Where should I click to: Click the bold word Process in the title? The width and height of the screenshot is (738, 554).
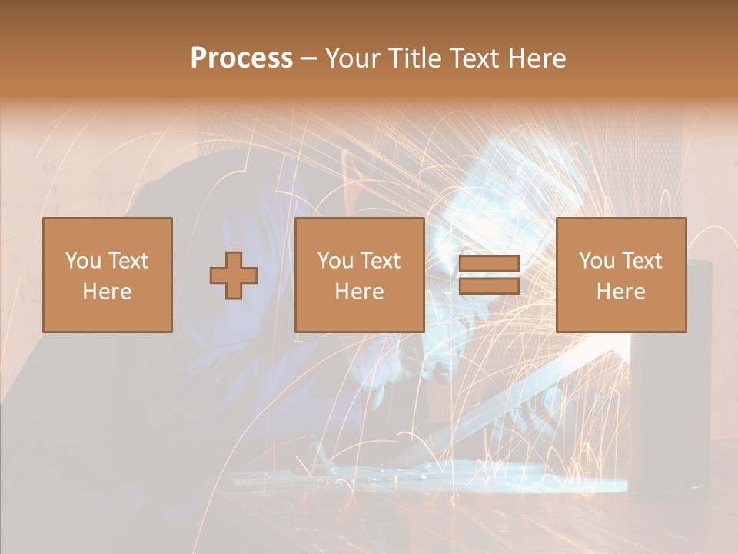pyautogui.click(x=241, y=58)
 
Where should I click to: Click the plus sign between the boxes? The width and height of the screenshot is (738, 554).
pyautogui.click(x=234, y=275)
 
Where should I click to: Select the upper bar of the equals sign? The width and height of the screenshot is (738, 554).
pyautogui.click(x=489, y=263)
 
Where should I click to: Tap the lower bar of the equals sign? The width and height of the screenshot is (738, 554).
pyautogui.click(x=489, y=286)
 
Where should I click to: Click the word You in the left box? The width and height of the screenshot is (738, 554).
pyautogui.click(x=83, y=261)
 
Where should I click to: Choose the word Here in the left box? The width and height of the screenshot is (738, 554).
pyautogui.click(x=107, y=292)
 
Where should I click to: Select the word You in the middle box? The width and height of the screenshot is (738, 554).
pyautogui.click(x=335, y=261)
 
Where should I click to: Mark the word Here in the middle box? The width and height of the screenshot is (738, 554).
pyautogui.click(x=359, y=292)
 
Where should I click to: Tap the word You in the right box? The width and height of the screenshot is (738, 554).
pyautogui.click(x=597, y=261)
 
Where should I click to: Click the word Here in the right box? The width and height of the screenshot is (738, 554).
pyautogui.click(x=620, y=292)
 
